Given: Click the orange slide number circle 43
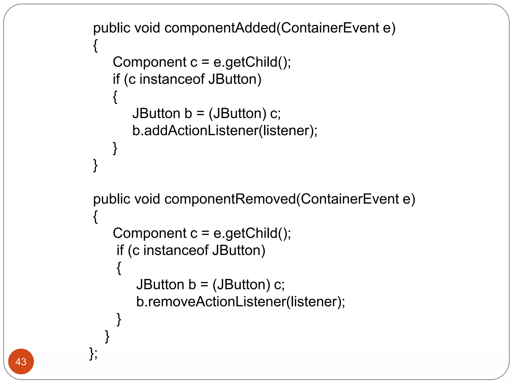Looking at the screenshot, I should click(x=21, y=361).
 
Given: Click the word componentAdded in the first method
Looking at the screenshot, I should click(x=220, y=28).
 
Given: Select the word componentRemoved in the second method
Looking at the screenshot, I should click(x=230, y=199).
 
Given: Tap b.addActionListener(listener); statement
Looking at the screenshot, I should click(x=225, y=131).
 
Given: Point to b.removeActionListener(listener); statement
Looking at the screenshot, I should click(x=240, y=302).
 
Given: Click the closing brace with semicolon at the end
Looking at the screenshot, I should click(x=93, y=353).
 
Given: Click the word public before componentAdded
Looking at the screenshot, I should click(x=112, y=28).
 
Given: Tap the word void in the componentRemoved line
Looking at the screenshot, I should click(x=147, y=199).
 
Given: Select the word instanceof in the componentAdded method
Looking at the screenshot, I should click(x=172, y=79).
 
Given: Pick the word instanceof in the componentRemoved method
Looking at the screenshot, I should click(x=176, y=250).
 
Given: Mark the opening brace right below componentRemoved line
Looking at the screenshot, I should click(x=95, y=217).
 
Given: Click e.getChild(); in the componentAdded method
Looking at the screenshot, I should click(x=252, y=62).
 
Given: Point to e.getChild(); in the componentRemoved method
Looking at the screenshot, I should click(x=252, y=233).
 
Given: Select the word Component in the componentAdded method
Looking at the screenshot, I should click(x=149, y=62).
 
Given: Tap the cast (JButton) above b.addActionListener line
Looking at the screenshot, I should click(x=237, y=114).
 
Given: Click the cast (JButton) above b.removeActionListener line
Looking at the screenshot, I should click(x=241, y=285).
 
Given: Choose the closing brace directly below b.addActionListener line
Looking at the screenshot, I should click(x=115, y=148).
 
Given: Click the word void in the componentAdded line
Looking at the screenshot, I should click(x=147, y=28).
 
